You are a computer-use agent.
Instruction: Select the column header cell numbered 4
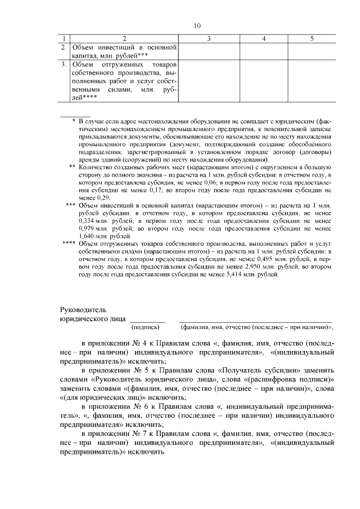coord(264,38)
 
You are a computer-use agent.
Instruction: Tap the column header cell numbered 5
coord(312,38)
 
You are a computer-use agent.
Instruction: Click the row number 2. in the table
coord(64,47)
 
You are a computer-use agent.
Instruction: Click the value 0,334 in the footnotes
coord(91,222)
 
